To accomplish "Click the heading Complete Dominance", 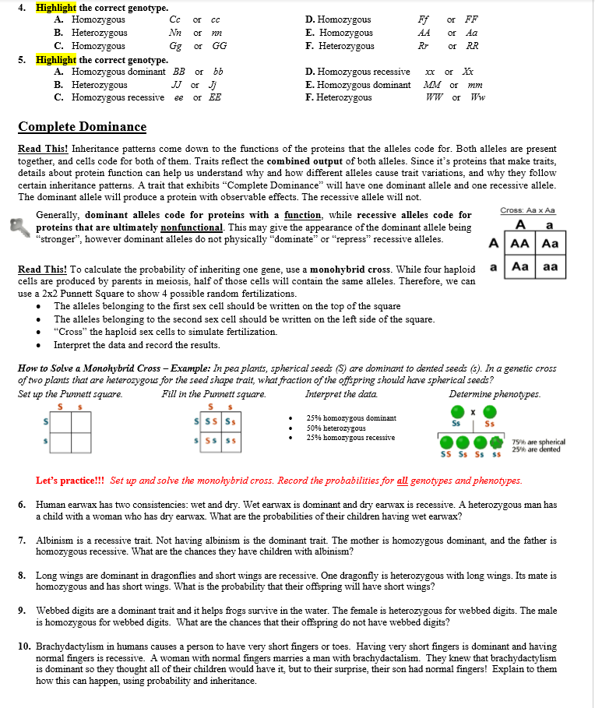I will click(x=82, y=127).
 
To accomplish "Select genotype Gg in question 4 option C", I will click(x=176, y=46).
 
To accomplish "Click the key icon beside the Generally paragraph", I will click(x=25, y=226).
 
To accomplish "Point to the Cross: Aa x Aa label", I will click(x=527, y=210).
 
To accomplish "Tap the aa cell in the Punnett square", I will click(x=549, y=266).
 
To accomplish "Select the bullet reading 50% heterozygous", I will click(x=336, y=428).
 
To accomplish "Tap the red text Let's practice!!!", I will click(x=71, y=481).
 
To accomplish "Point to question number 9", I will click(x=23, y=611).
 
